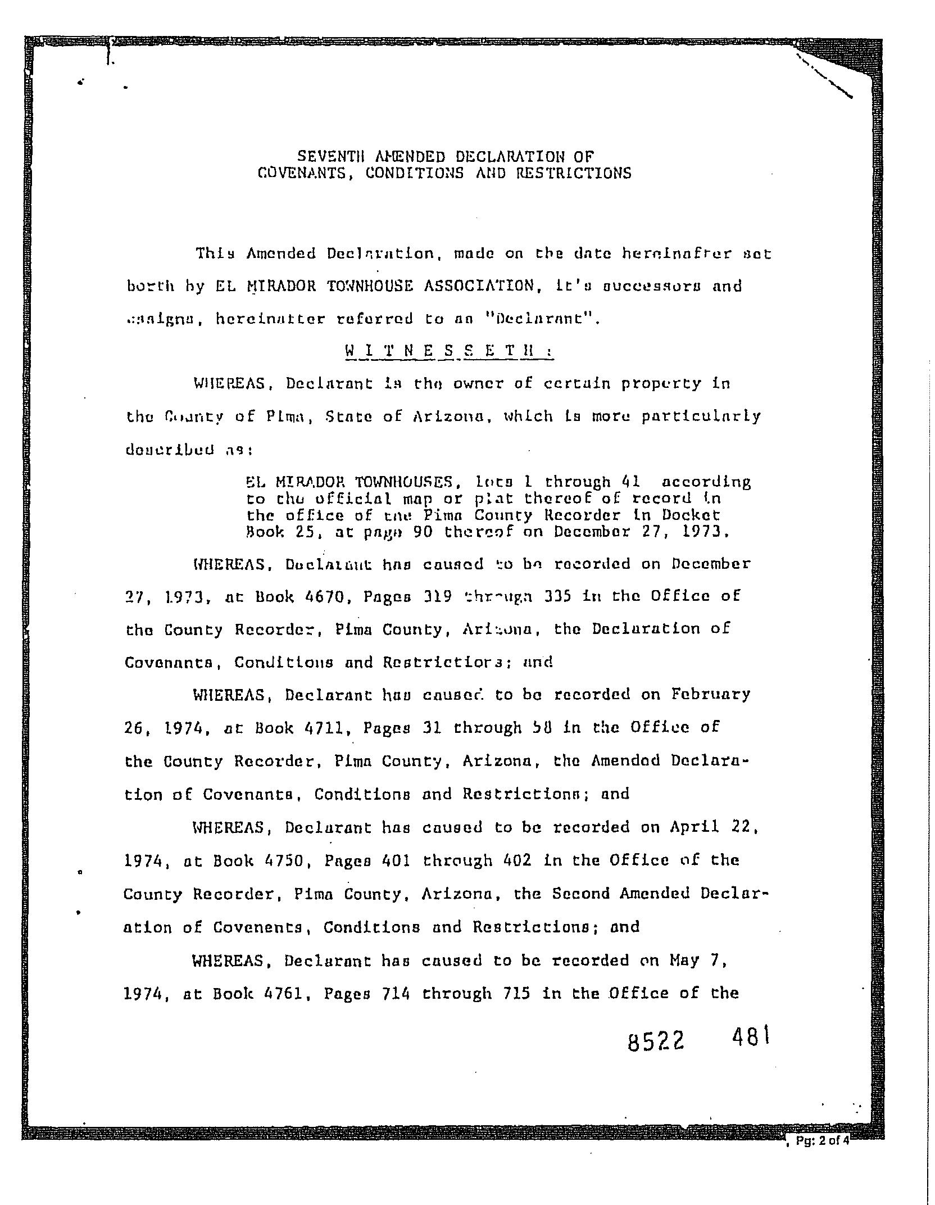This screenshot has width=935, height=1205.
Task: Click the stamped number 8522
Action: [656, 1043]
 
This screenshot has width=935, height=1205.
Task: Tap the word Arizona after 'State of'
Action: [448, 417]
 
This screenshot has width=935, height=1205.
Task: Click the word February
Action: [711, 695]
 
